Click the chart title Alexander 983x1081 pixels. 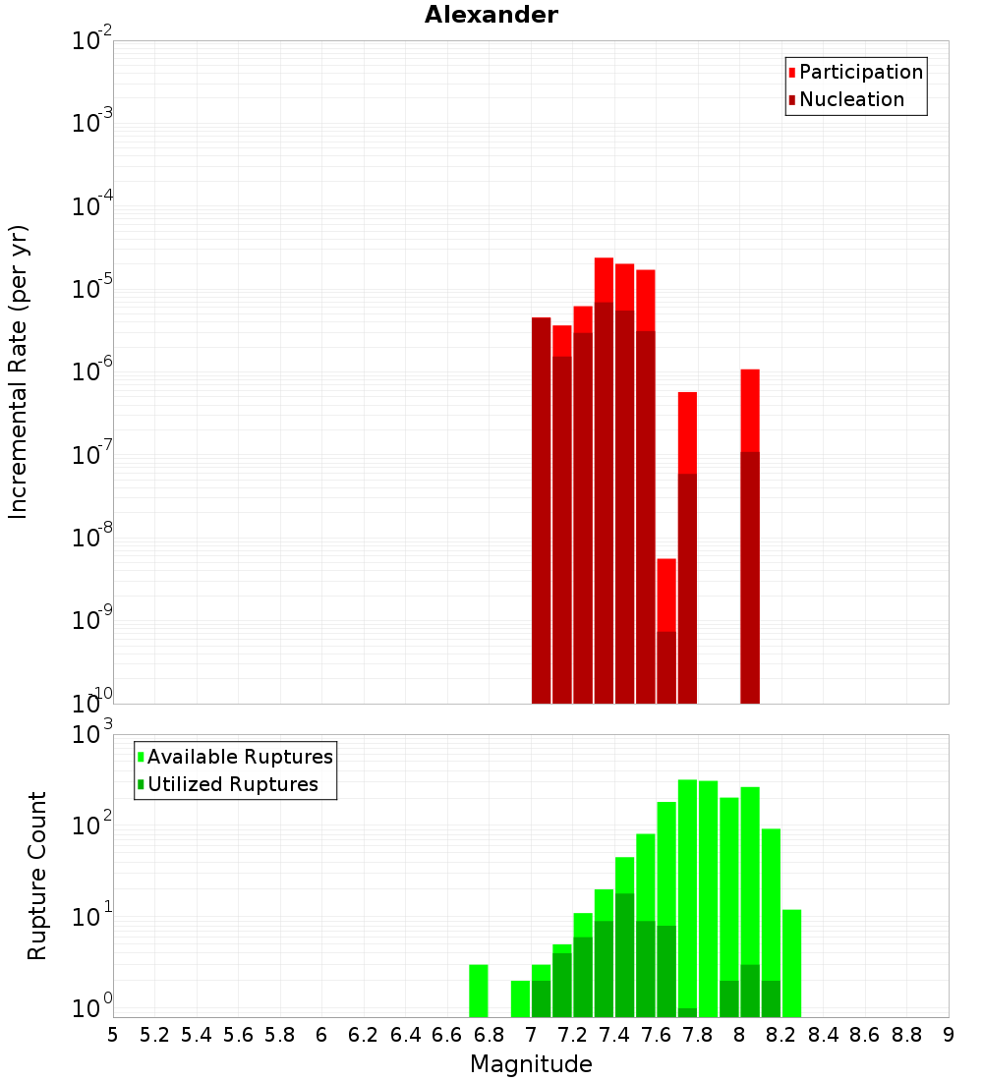(x=491, y=15)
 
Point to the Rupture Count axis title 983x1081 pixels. (x=37, y=876)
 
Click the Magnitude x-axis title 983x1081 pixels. (x=531, y=1064)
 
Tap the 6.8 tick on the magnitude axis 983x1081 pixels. (x=490, y=1035)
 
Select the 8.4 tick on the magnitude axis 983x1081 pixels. (x=824, y=1035)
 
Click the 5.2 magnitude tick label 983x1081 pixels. (x=154, y=1035)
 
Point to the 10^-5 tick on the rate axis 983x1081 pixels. (x=92, y=289)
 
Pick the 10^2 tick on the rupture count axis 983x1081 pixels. (x=92, y=824)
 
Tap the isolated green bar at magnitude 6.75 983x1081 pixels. (x=479, y=991)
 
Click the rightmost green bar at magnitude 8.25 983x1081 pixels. (x=791, y=963)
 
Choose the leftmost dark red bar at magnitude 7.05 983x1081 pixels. (x=542, y=510)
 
